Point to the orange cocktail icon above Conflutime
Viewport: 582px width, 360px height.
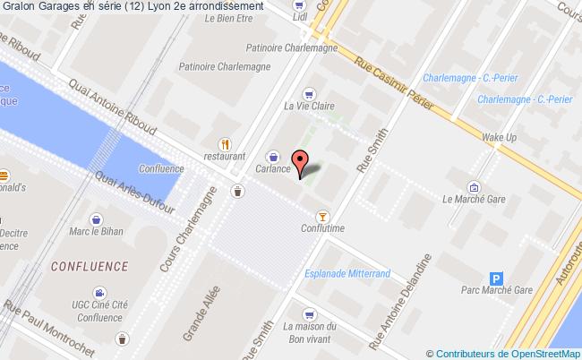tap(322, 216)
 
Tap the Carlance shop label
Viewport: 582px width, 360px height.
tap(272, 168)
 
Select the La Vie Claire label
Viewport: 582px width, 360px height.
tap(309, 106)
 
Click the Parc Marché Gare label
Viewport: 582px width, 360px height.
tap(497, 290)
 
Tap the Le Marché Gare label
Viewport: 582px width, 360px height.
tap(474, 201)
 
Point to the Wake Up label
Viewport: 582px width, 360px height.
tap(500, 137)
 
